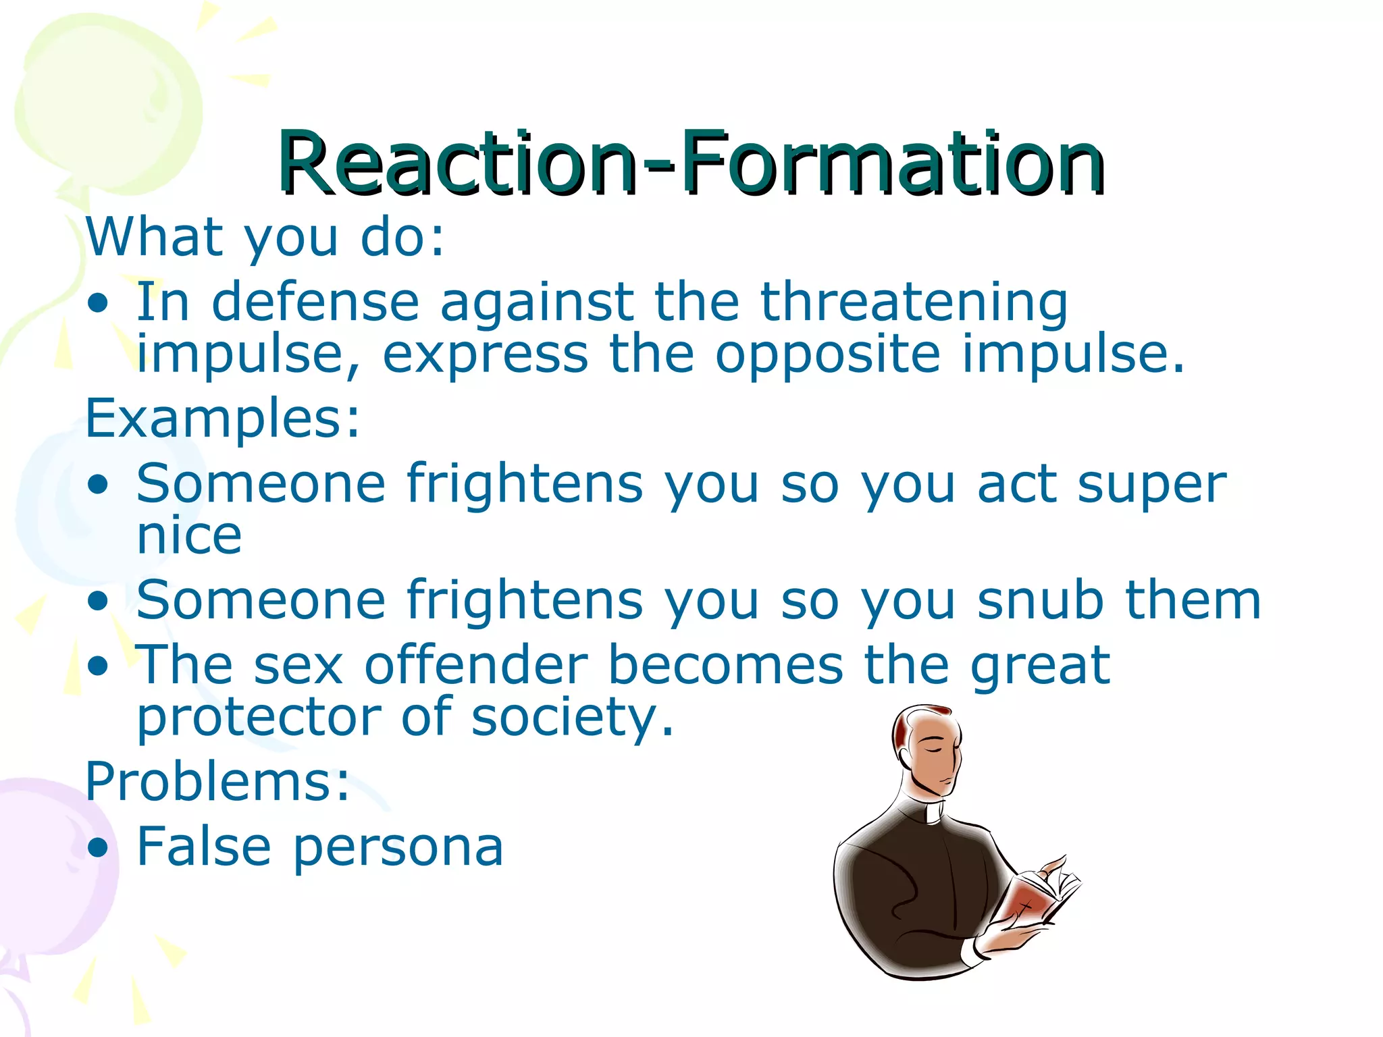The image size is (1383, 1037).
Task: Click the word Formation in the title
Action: coord(891,163)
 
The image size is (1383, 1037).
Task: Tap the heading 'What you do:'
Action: coord(265,238)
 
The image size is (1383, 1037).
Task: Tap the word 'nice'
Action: coord(189,536)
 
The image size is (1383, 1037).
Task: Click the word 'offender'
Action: coord(476,666)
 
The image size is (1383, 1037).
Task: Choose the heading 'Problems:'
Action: coord(217,782)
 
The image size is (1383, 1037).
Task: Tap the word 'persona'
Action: coord(398,848)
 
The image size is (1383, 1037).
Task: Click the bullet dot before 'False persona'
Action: coord(98,848)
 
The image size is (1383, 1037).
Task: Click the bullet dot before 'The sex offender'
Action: coord(98,666)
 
